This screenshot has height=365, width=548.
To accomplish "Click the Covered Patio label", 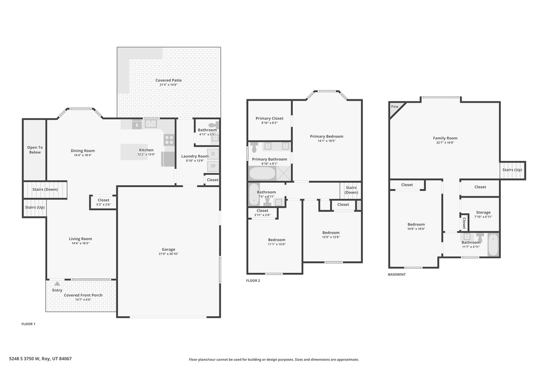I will [169, 80].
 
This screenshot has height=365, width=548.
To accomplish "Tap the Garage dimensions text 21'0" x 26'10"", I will [169, 254].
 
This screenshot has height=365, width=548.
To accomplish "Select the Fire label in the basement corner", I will [395, 107].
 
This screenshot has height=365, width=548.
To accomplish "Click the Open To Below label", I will [35, 150].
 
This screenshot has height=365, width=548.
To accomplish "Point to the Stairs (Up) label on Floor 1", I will [35, 207].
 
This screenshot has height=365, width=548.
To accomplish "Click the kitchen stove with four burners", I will [169, 140].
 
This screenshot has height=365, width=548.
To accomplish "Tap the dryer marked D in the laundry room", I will [213, 153].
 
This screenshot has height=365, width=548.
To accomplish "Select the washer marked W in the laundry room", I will [213, 166].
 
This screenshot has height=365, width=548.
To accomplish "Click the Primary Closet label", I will [269, 119].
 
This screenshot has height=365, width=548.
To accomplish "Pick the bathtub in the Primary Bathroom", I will [262, 173].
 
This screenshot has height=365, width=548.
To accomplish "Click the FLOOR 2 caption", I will [253, 281].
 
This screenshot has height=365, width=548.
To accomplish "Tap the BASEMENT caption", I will [397, 274].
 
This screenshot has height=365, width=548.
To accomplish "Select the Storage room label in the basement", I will [482, 212].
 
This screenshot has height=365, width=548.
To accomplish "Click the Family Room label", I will [445, 138].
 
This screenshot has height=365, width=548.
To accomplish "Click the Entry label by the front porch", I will [57, 290].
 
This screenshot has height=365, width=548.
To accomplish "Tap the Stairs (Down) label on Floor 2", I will [351, 190].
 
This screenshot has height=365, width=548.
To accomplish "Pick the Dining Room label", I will [82, 151].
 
